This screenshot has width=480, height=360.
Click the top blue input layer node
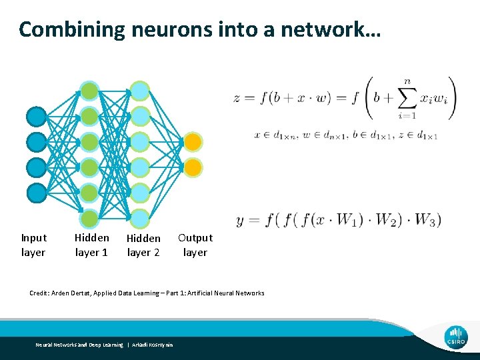(37, 116)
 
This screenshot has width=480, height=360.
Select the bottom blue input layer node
(37, 193)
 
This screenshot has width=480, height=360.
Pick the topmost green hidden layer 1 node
(89, 91)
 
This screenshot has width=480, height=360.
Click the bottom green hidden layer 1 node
(89, 218)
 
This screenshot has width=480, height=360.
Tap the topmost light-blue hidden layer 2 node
(139, 91)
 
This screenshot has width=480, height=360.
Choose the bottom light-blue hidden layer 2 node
(139, 218)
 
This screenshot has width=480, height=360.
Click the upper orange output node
(192, 141)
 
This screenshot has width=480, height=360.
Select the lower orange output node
(192, 167)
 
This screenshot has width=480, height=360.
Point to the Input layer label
(33, 245)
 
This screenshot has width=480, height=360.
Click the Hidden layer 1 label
(91, 245)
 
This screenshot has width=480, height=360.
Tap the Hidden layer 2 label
(143, 245)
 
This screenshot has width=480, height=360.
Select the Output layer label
(195, 245)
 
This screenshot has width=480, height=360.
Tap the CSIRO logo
(457, 337)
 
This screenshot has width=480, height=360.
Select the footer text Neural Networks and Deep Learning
(79, 345)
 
